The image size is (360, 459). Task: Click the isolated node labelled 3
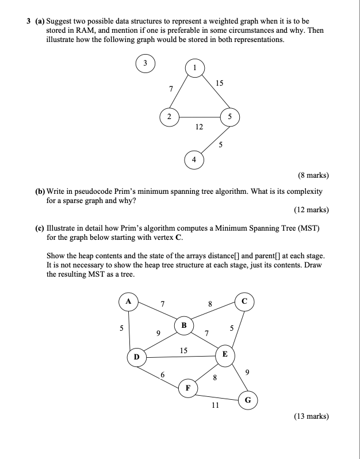click(x=145, y=63)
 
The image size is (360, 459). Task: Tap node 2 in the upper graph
click(x=168, y=117)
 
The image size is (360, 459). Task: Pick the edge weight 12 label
click(x=198, y=127)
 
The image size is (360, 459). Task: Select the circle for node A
click(x=128, y=301)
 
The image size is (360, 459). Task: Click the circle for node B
click(x=184, y=325)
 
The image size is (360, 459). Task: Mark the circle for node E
click(x=225, y=355)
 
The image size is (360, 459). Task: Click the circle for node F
click(x=187, y=388)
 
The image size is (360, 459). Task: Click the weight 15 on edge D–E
click(x=183, y=350)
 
